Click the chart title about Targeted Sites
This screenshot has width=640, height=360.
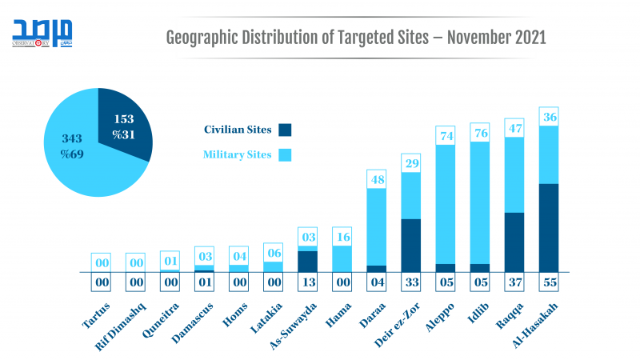coord(355,38)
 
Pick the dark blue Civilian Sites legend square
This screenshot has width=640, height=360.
coord(286,130)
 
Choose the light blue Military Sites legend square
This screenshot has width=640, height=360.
coord(286,154)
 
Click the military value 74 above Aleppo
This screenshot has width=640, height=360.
coord(445,136)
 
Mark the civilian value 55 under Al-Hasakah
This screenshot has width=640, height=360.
coord(548,282)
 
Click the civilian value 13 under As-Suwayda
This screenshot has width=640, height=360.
coord(307,282)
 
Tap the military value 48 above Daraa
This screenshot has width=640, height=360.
coord(376,179)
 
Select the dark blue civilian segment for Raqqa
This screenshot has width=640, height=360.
coord(514,242)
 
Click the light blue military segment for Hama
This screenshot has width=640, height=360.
coord(342,258)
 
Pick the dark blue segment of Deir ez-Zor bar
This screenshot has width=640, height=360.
coord(410,245)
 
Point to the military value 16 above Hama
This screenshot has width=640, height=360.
coord(342,237)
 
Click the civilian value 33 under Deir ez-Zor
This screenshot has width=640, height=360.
coord(410,282)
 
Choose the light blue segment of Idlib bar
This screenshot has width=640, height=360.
coord(479,204)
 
